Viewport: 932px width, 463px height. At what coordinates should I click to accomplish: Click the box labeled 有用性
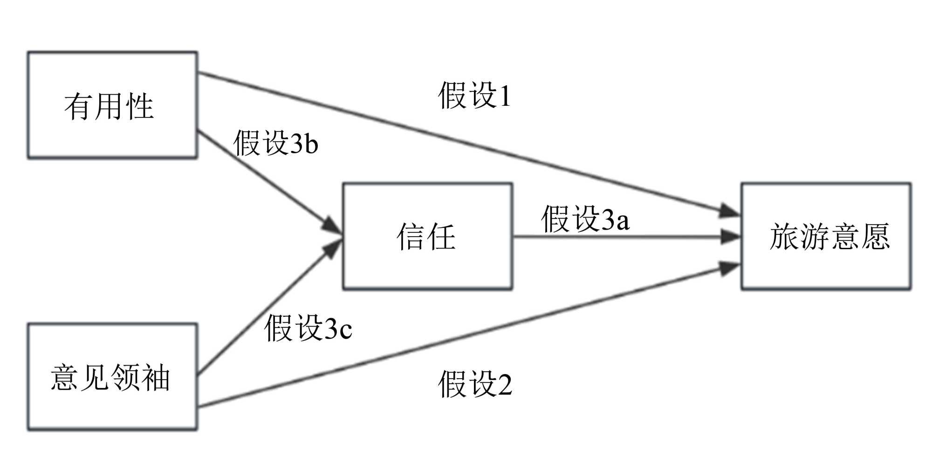pyautogui.click(x=112, y=105)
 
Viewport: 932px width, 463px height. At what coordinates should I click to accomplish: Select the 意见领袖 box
pyautogui.click(x=112, y=376)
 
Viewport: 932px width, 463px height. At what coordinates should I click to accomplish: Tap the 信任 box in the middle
pyautogui.click(x=427, y=237)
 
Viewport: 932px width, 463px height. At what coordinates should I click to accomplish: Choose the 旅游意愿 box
pyautogui.click(x=826, y=237)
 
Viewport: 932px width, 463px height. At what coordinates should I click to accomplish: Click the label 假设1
pyautogui.click(x=474, y=96)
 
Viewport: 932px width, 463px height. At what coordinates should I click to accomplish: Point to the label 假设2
pyautogui.click(x=475, y=384)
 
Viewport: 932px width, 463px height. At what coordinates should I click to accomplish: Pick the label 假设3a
pyautogui.click(x=585, y=219)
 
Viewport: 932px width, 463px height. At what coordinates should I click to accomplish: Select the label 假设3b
pyautogui.click(x=275, y=143)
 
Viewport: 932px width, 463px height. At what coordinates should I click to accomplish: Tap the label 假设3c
pyautogui.click(x=308, y=328)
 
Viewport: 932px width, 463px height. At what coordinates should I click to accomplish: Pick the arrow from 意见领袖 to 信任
pyautogui.click(x=266, y=307)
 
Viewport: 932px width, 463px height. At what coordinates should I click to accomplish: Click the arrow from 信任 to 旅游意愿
pyautogui.click(x=624, y=237)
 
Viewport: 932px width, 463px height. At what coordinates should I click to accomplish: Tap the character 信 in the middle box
pyautogui.click(x=411, y=237)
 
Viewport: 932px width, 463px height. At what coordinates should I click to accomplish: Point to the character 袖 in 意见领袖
pyautogui.click(x=156, y=377)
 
